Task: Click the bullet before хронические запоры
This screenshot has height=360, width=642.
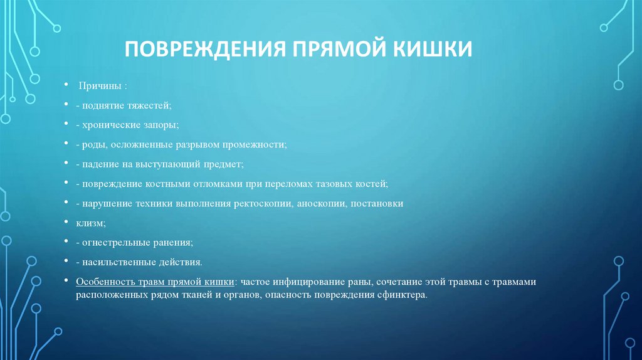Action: (67, 125)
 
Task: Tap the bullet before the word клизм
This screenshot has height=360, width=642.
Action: (67, 223)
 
